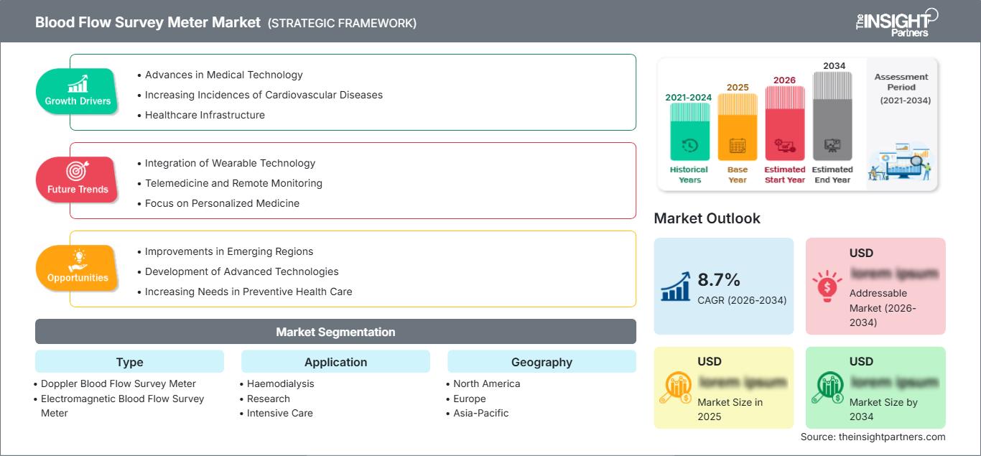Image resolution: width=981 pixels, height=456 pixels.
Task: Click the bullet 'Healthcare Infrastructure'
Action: pyautogui.click(x=205, y=115)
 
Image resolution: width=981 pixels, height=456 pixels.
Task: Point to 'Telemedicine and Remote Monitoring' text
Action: pyautogui.click(x=233, y=183)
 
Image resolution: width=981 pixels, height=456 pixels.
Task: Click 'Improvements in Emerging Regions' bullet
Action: pyautogui.click(x=229, y=251)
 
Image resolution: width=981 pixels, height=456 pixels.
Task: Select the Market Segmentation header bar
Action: pyautogui.click(x=335, y=332)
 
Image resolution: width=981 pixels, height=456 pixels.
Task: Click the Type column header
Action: pyautogui.click(x=129, y=362)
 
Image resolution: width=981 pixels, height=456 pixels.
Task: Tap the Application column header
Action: pyautogui.click(x=335, y=362)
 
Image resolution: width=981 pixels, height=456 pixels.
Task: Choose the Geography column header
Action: pyautogui.click(x=541, y=362)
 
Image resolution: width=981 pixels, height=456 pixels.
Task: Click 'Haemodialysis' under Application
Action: pyautogui.click(x=280, y=383)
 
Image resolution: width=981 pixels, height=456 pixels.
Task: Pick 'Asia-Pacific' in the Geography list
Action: pyautogui.click(x=480, y=413)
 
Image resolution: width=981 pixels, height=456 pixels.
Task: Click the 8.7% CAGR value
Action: pyautogui.click(x=719, y=279)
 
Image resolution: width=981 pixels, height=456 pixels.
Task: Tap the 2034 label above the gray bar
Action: pyautogui.click(x=834, y=65)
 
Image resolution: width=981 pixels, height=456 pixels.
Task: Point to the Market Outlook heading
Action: pyautogui.click(x=707, y=218)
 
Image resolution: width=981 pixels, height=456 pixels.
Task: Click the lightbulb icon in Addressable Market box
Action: pyautogui.click(x=827, y=287)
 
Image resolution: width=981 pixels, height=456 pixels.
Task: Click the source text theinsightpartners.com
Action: pyautogui.click(x=873, y=437)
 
